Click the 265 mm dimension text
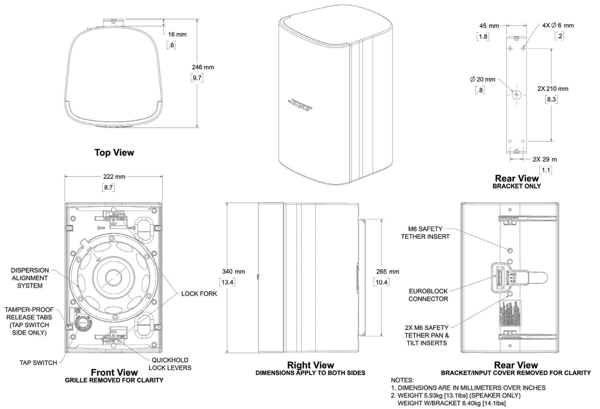click(x=384, y=271)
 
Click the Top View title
click(x=114, y=152)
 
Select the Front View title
click(x=115, y=372)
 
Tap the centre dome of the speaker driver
click(x=110, y=275)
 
